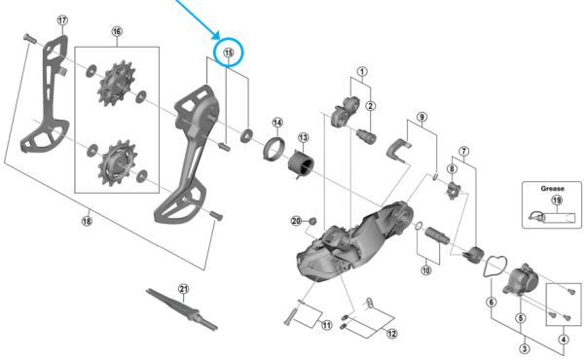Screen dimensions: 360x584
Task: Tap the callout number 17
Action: click(x=62, y=20)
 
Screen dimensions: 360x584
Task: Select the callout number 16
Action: click(x=117, y=32)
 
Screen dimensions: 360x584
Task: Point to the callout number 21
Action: click(x=183, y=288)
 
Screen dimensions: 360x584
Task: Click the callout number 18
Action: click(x=88, y=222)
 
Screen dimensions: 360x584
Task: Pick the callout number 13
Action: click(x=303, y=138)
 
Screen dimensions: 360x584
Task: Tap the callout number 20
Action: click(x=296, y=222)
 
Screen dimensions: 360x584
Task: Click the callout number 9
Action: click(x=421, y=118)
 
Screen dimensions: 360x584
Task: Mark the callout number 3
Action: click(x=524, y=348)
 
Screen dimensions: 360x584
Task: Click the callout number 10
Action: click(x=425, y=271)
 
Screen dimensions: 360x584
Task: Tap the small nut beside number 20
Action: click(x=313, y=224)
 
